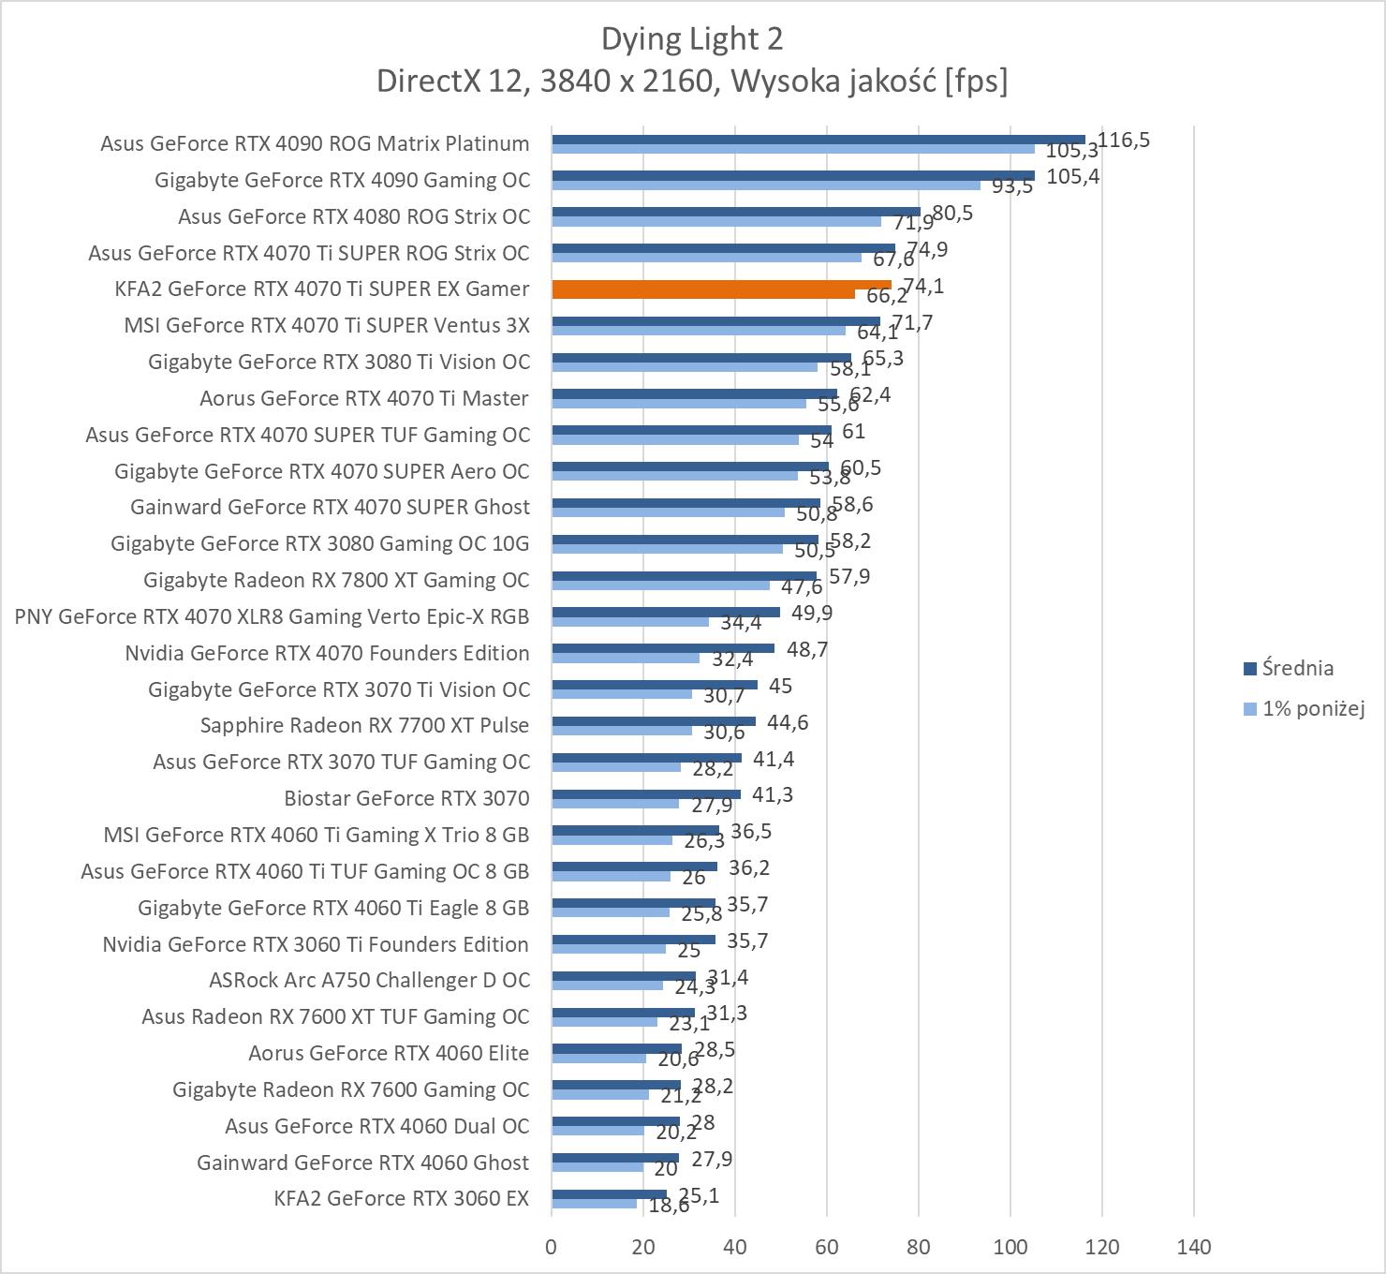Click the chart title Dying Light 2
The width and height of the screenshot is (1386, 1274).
pos(692,38)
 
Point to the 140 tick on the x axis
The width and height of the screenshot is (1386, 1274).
pos(1194,1247)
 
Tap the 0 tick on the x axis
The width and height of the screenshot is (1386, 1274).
pos(552,1247)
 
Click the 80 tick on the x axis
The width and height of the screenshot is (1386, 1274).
pos(919,1247)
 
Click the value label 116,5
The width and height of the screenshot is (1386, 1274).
pos(1124,141)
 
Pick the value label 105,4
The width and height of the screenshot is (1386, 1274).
pos(1072,176)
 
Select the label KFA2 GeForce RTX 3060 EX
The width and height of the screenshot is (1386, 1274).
pos(401,1198)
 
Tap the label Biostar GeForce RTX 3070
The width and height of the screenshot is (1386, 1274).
pos(406,798)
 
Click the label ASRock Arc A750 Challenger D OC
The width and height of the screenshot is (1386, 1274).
pos(369,980)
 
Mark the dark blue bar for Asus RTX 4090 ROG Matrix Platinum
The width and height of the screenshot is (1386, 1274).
pos(818,139)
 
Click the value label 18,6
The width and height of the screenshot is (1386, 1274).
pos(669,1206)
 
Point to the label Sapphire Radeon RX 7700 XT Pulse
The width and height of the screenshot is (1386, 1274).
pos(364,725)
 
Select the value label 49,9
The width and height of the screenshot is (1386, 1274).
pos(812,613)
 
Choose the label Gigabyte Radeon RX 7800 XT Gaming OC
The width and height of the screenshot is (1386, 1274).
pos(336,580)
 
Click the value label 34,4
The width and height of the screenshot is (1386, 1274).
pos(741,623)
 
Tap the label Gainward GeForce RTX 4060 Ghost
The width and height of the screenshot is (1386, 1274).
pos(362,1163)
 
